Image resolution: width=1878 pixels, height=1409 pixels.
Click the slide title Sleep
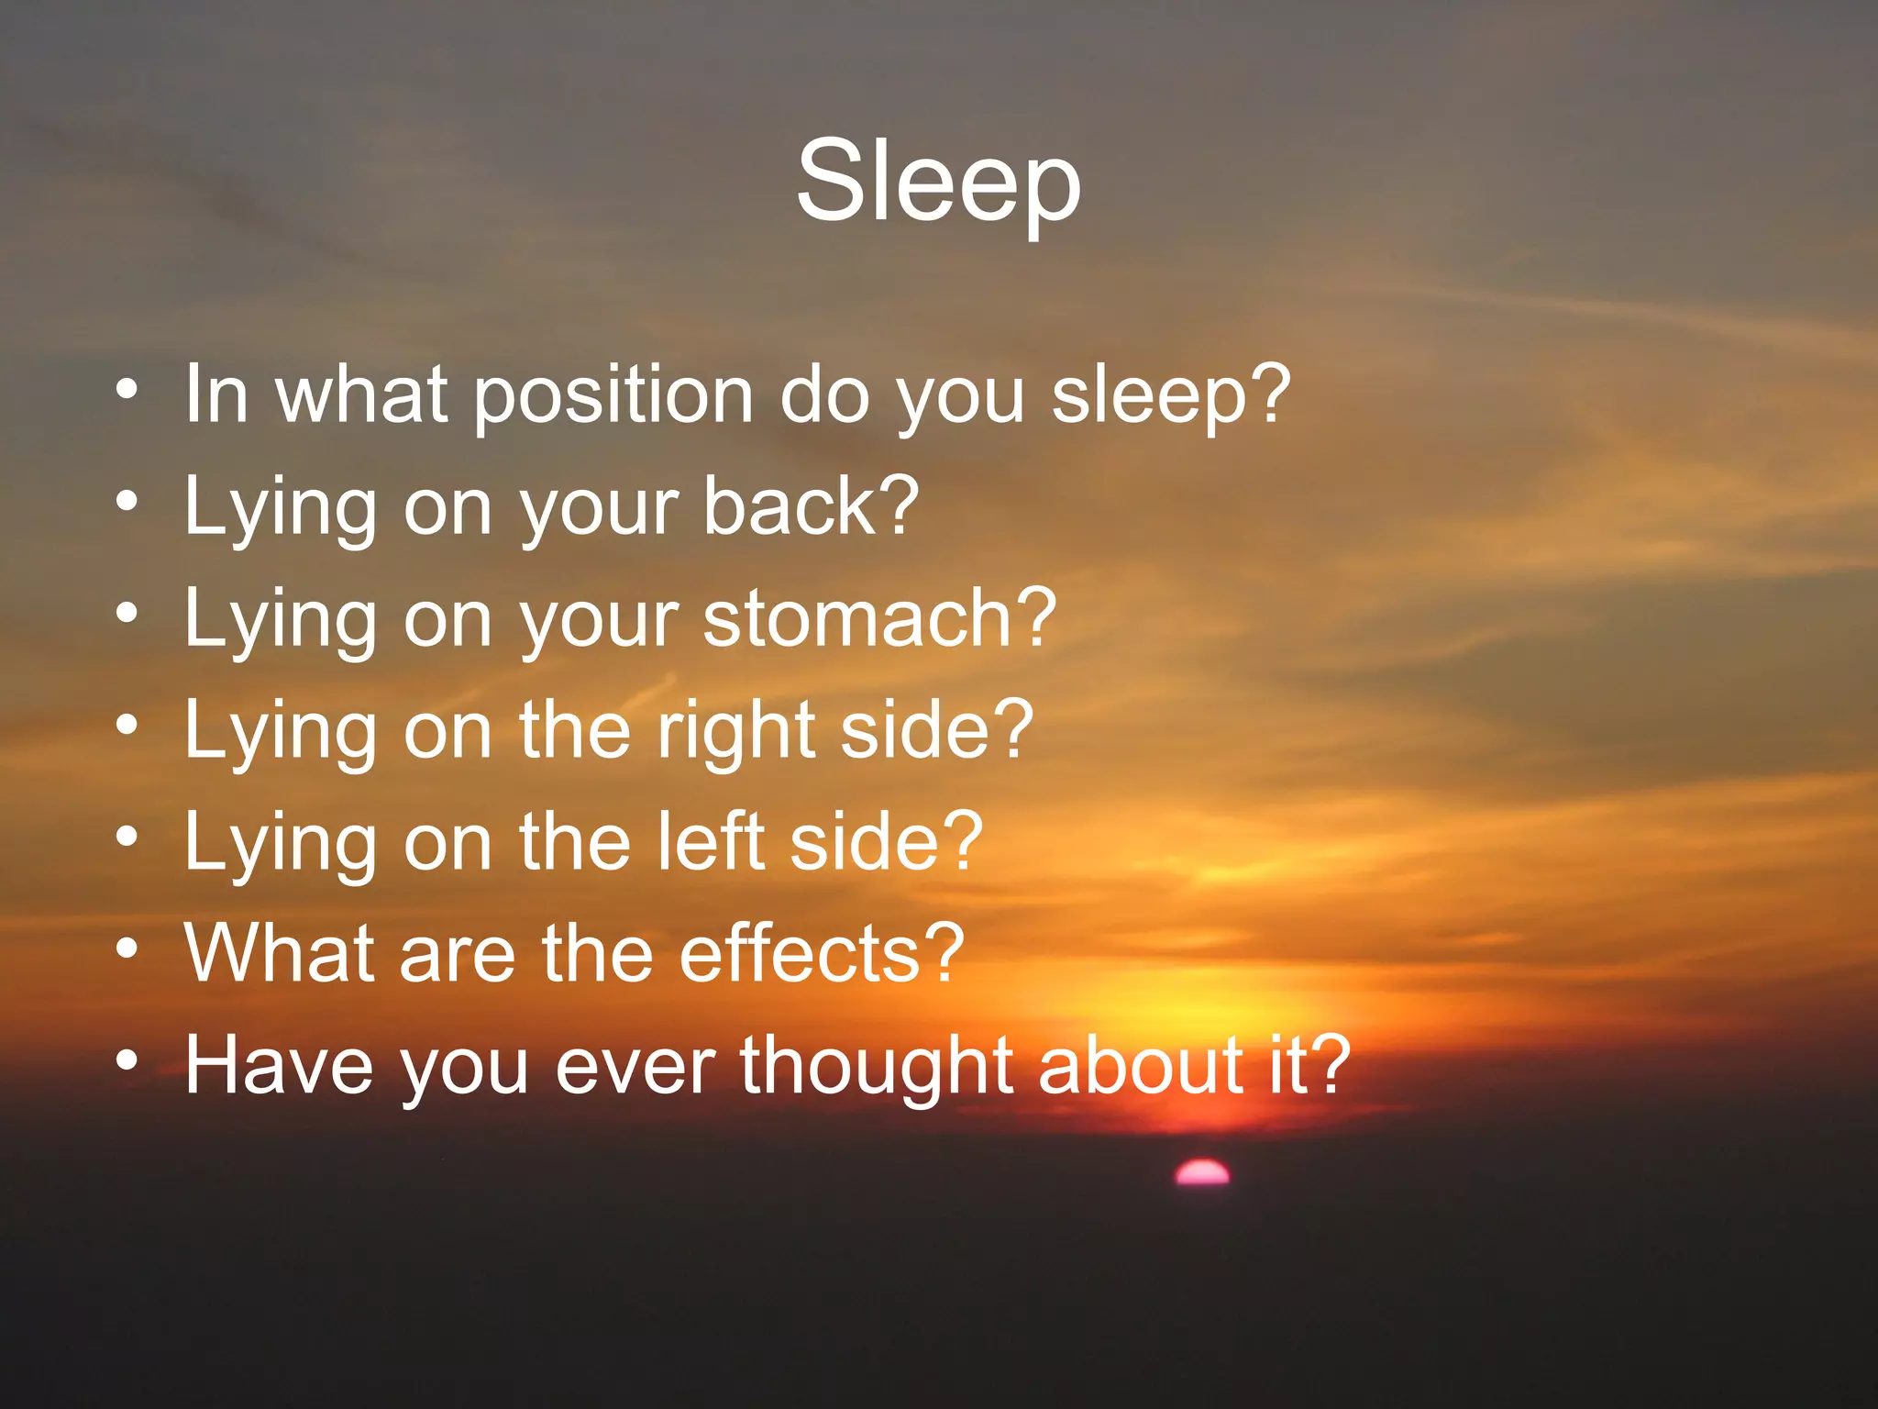[x=938, y=181]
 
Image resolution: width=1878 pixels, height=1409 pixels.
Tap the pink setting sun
[x=1202, y=1173]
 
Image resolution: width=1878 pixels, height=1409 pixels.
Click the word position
[x=613, y=395]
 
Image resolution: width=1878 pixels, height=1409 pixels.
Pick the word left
[x=712, y=841]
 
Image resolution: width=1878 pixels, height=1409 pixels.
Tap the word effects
[x=800, y=954]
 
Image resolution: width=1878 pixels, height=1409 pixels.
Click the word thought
[x=877, y=1066]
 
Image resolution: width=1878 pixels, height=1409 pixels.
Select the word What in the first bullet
[x=362, y=395]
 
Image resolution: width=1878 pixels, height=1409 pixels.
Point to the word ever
[x=635, y=1066]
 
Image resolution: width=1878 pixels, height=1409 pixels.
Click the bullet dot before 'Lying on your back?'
[x=127, y=502]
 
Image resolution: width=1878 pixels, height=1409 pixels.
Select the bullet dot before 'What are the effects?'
[x=127, y=949]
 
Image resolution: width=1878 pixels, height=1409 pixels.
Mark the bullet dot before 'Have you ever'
[x=127, y=1060]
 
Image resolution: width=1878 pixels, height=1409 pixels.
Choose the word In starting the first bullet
[x=216, y=395]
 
